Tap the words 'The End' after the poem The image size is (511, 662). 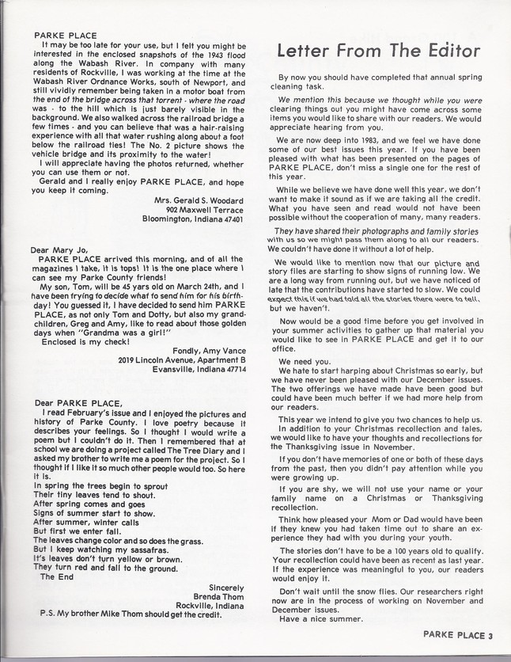(56, 576)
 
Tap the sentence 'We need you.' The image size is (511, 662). (305, 361)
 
